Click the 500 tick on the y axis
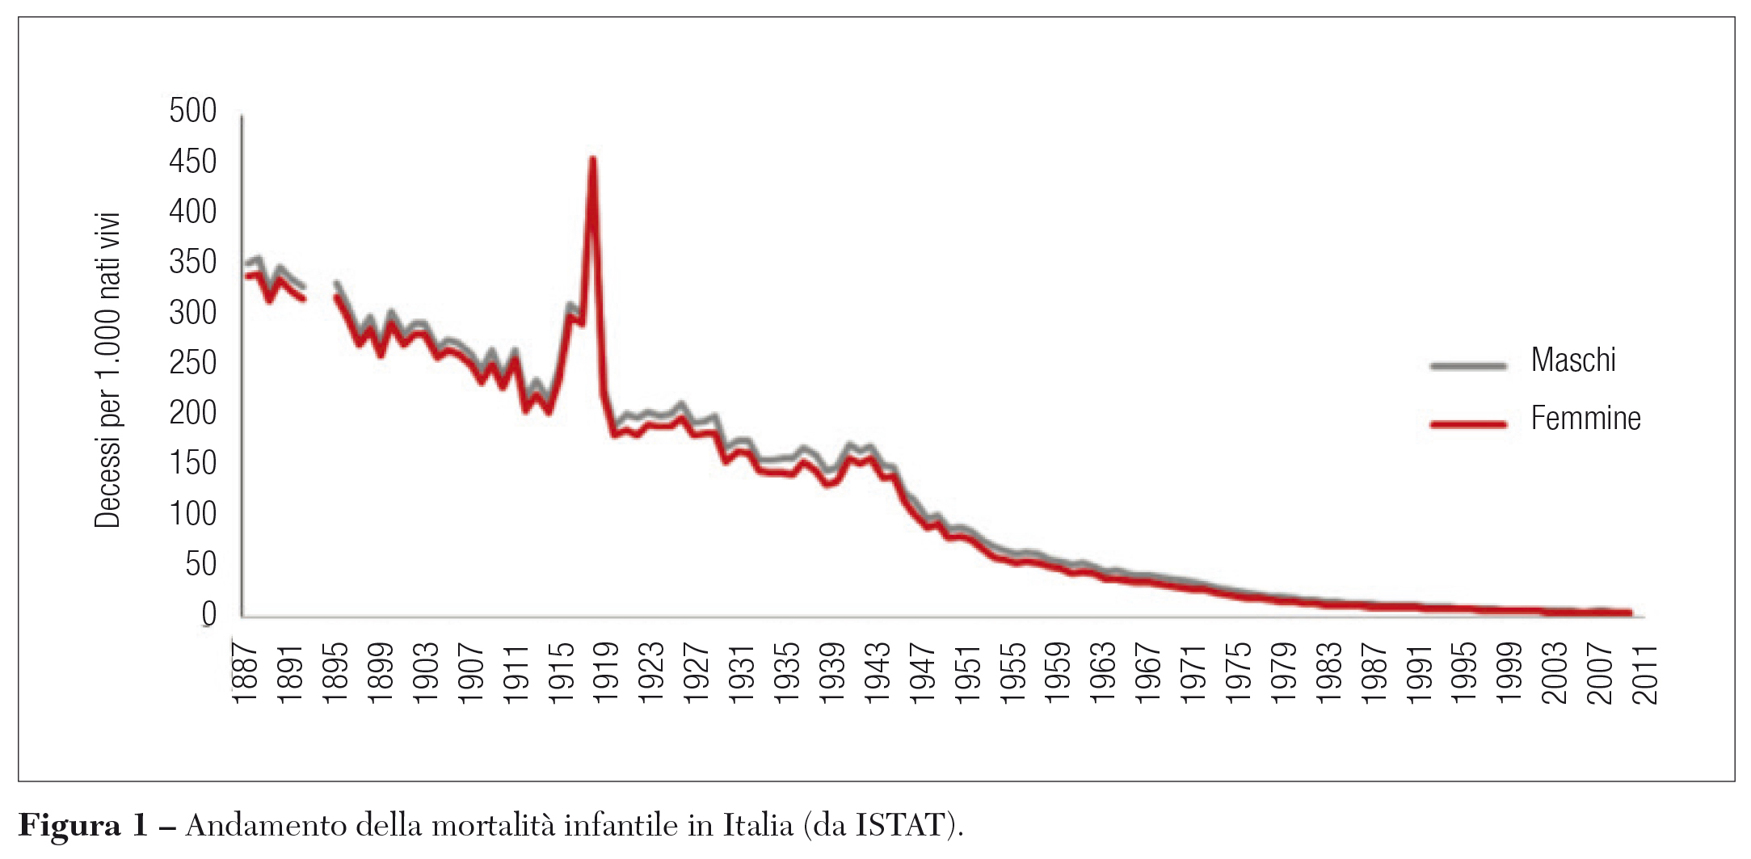pyautogui.click(x=192, y=111)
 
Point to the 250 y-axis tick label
pyautogui.click(x=192, y=363)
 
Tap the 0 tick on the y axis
pyautogui.click(x=208, y=614)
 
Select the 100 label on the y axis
pyautogui.click(x=192, y=514)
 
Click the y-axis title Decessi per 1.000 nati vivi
pyautogui.click(x=107, y=370)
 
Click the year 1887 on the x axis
pyautogui.click(x=245, y=672)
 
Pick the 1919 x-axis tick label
pyautogui.click(x=606, y=672)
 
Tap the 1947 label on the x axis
pyautogui.click(x=922, y=672)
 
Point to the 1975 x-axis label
pyautogui.click(x=1238, y=672)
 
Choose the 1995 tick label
pyautogui.click(x=1464, y=672)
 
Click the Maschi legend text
pyautogui.click(x=1572, y=360)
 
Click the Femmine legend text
pyautogui.click(x=1585, y=419)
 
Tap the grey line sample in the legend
pyautogui.click(x=1468, y=366)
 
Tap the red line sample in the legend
pyautogui.click(x=1468, y=423)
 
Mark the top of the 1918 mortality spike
pyautogui.click(x=592, y=160)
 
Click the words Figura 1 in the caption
pyautogui.click(x=82, y=826)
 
